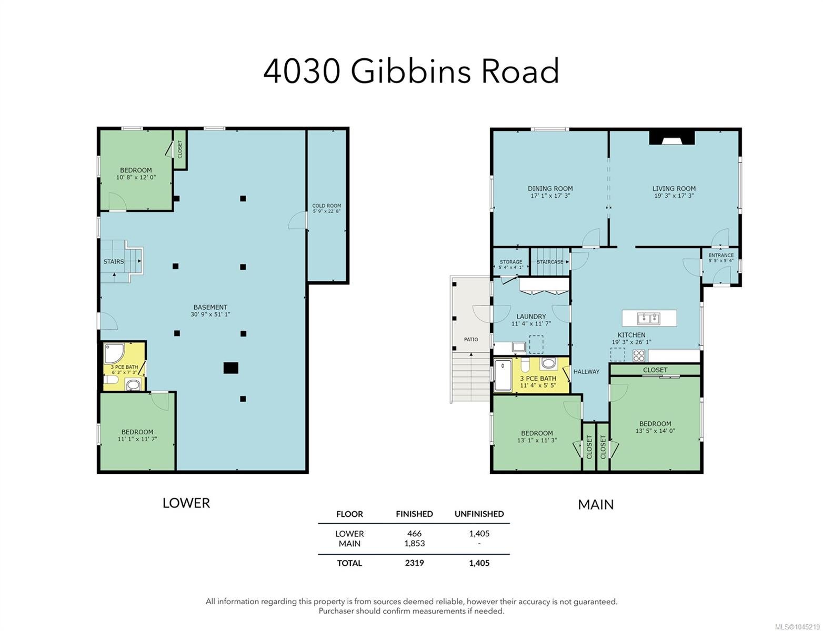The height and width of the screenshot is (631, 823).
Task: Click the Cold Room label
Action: (326, 206)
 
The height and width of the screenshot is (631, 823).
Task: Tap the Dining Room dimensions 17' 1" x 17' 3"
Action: (549, 196)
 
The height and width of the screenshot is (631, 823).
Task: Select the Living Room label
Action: (673, 188)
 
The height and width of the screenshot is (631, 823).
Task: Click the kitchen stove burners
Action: (638, 355)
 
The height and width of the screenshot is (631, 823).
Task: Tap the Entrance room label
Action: (720, 255)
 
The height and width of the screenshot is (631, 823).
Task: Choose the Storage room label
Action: (510, 261)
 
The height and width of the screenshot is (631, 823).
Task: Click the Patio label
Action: (470, 339)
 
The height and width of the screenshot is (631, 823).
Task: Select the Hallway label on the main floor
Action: (586, 371)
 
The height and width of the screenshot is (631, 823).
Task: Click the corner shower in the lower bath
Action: (114, 353)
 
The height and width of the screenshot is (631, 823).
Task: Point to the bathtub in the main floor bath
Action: (502, 374)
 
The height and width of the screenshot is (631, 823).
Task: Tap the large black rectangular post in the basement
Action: (230, 368)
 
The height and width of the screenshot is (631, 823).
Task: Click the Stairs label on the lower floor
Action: (113, 261)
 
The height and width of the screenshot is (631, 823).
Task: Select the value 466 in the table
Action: (414, 533)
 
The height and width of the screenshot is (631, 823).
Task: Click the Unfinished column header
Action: (479, 514)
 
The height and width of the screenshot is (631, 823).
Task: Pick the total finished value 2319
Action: (414, 563)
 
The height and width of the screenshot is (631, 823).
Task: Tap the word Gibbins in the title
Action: (410, 71)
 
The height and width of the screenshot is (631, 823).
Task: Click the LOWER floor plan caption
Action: (186, 503)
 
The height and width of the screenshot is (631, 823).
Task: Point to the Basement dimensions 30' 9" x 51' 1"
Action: (210, 314)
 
